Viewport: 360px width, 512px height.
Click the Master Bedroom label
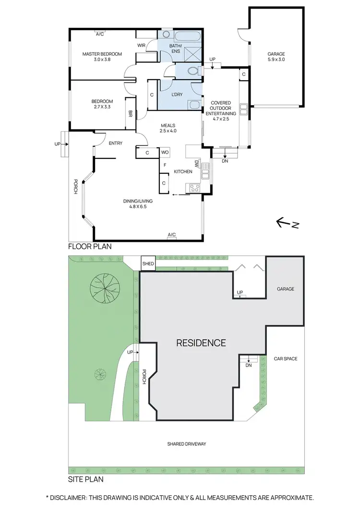(102, 57)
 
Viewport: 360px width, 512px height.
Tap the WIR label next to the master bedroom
(142, 46)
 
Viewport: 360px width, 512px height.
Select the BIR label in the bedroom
(130, 114)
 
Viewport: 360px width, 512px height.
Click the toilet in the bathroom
(193, 71)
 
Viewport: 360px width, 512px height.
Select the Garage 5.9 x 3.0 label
(276, 57)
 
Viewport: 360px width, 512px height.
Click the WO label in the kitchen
(165, 153)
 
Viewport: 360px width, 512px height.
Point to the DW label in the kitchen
(197, 164)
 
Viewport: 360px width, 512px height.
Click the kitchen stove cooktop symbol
(195, 188)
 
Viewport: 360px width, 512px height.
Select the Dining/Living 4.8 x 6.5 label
(137, 204)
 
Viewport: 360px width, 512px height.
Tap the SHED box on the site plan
(147, 263)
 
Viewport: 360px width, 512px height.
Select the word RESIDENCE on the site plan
(201, 343)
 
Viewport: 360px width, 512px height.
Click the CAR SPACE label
(286, 358)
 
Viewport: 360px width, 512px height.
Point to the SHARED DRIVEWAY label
(187, 444)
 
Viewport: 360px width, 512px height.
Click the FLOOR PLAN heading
(89, 247)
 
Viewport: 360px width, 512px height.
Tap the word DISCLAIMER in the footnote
(72, 498)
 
